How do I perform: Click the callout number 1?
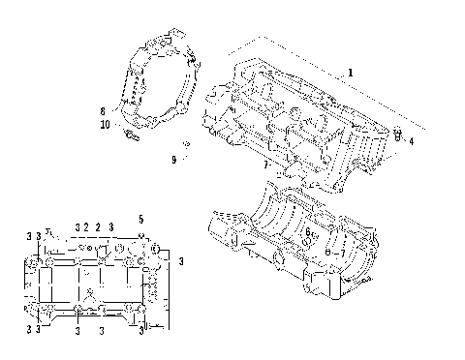pyautogui.click(x=351, y=73)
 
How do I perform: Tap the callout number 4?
pyautogui.click(x=411, y=141)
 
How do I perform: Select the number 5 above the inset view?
pyautogui.click(x=140, y=219)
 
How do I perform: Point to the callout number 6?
pyautogui.click(x=308, y=232)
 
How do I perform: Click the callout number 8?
pyautogui.click(x=103, y=111)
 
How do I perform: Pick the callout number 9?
pyautogui.click(x=174, y=159)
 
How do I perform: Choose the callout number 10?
pyautogui.click(x=106, y=125)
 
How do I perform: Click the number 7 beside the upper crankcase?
pyautogui.click(x=265, y=165)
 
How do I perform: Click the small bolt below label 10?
pyautogui.click(x=129, y=139)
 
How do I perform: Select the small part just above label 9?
pyautogui.click(x=184, y=146)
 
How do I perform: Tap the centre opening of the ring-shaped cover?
pyautogui.click(x=159, y=92)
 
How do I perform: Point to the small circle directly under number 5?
pyautogui.click(x=140, y=236)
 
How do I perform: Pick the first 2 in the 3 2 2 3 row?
pyautogui.click(x=85, y=226)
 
